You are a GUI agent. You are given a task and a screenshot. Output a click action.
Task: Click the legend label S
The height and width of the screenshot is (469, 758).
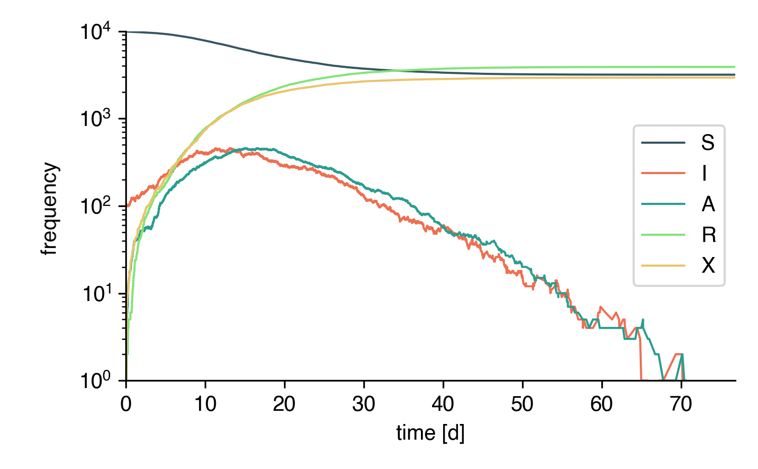(x=707, y=143)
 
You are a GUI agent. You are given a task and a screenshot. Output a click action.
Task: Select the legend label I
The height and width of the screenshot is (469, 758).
(x=704, y=174)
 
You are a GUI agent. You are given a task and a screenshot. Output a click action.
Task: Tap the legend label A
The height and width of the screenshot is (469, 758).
(x=708, y=204)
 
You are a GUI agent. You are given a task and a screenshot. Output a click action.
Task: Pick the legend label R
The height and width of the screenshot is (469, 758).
(x=708, y=235)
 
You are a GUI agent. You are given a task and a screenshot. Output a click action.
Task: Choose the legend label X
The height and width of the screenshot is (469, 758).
(x=708, y=265)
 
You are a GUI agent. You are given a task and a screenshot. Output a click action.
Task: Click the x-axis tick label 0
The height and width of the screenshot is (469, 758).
(x=126, y=404)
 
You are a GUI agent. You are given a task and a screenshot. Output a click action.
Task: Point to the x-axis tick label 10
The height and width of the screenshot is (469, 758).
(x=205, y=404)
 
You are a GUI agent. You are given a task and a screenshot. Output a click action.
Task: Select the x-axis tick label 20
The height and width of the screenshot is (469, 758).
(x=284, y=404)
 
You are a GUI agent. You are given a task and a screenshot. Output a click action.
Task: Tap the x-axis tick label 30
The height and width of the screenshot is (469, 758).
(x=363, y=404)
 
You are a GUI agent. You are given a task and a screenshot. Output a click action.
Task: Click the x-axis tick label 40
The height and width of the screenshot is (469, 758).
(x=443, y=404)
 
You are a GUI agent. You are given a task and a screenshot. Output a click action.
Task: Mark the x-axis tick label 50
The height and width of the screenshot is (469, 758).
(x=522, y=404)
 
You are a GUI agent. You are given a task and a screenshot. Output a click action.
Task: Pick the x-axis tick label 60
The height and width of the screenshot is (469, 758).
(x=601, y=404)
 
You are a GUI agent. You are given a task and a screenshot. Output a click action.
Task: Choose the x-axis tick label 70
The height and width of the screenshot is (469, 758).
(x=681, y=404)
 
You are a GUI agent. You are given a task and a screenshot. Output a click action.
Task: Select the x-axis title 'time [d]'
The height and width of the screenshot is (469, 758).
(x=430, y=433)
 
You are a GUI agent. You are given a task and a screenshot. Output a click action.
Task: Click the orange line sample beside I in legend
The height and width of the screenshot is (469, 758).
(x=663, y=174)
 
